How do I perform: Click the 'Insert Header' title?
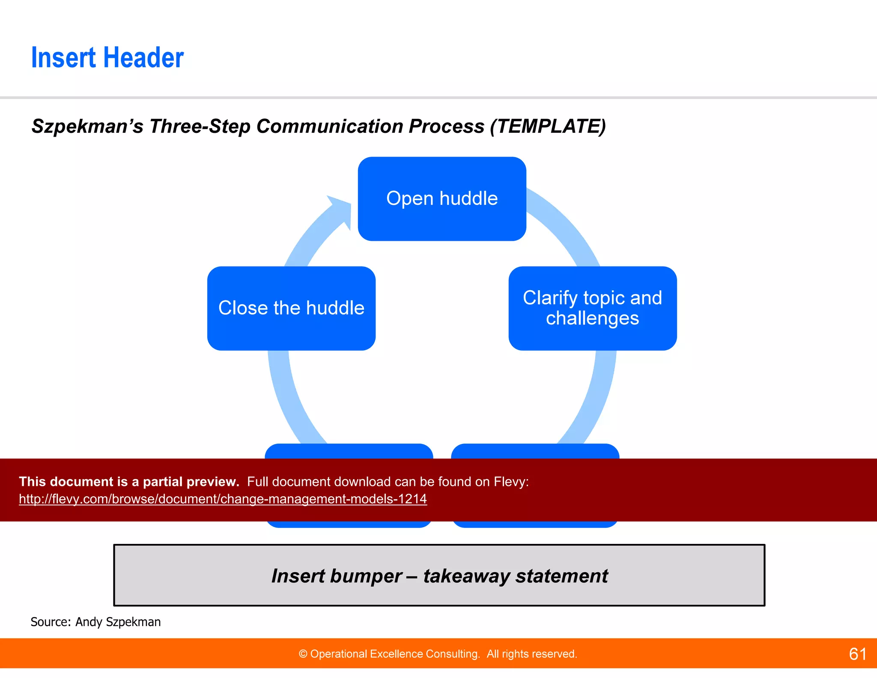pos(107,58)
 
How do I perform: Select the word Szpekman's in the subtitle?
pos(87,126)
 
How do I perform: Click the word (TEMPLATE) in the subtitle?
pos(548,126)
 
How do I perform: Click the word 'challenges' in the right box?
pos(592,318)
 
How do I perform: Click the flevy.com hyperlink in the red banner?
pos(223,499)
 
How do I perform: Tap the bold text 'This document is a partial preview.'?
pos(129,482)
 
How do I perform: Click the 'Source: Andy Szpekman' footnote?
pos(95,622)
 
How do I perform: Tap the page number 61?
pos(858,654)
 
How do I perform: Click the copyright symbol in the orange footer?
pos(303,654)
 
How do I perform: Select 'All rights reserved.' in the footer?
pos(531,654)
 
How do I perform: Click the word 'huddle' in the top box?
pos(468,198)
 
